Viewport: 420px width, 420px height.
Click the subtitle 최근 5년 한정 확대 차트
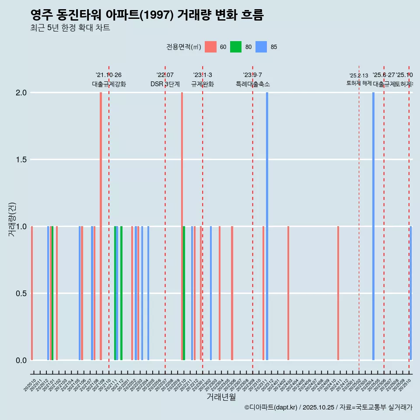70,28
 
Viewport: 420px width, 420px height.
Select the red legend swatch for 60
210,47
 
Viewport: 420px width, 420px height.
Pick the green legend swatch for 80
236,47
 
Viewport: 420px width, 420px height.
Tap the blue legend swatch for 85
261,47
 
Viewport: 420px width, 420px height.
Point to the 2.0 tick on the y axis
21,93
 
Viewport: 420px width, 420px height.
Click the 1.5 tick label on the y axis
21,160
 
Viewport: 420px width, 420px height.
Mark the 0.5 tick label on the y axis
21,294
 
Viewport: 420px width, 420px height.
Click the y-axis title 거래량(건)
12,219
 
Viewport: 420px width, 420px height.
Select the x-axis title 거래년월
221,397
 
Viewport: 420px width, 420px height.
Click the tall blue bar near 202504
373,226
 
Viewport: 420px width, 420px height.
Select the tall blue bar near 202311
267,226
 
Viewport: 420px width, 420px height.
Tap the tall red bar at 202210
182,226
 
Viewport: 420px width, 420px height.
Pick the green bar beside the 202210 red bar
184,293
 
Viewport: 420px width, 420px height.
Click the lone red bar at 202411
338,293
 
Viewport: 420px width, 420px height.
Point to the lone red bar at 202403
288,293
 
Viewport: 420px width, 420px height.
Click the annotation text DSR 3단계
165,84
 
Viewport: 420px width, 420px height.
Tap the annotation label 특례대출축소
252,84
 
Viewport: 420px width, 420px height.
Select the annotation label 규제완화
203,84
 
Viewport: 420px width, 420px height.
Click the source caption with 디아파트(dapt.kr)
328,407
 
